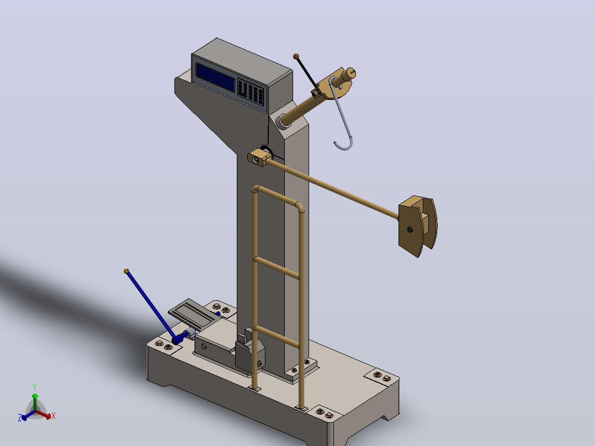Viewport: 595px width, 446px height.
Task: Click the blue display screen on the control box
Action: pyautogui.click(x=215, y=77)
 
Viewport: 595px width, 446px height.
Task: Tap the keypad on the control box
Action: pyautogui.click(x=251, y=92)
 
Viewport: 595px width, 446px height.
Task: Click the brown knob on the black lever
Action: pyautogui.click(x=296, y=56)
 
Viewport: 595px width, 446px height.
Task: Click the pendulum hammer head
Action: pyautogui.click(x=417, y=226)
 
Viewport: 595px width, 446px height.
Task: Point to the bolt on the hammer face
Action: pyautogui.click(x=410, y=230)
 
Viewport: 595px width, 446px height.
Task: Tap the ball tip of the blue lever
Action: pyautogui.click(x=127, y=271)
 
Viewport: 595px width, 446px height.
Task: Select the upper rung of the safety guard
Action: pyautogui.click(x=276, y=268)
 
